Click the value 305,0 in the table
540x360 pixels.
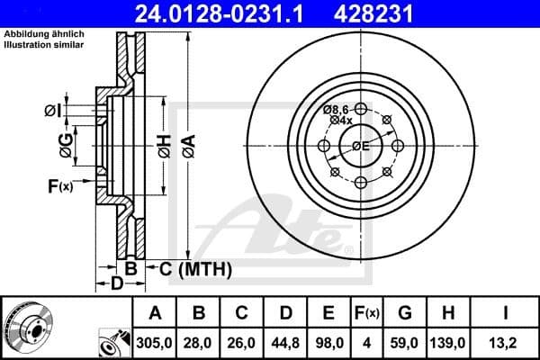(x=155, y=342)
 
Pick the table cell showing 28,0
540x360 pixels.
(x=199, y=342)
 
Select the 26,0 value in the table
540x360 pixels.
(x=242, y=342)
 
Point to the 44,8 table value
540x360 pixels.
(x=286, y=342)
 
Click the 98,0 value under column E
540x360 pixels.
(x=329, y=342)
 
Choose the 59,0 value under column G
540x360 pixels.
(x=404, y=342)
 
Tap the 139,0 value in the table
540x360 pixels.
(x=447, y=342)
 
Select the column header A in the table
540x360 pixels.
(x=155, y=313)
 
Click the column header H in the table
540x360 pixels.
(x=447, y=313)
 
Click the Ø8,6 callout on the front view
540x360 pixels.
(x=337, y=109)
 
